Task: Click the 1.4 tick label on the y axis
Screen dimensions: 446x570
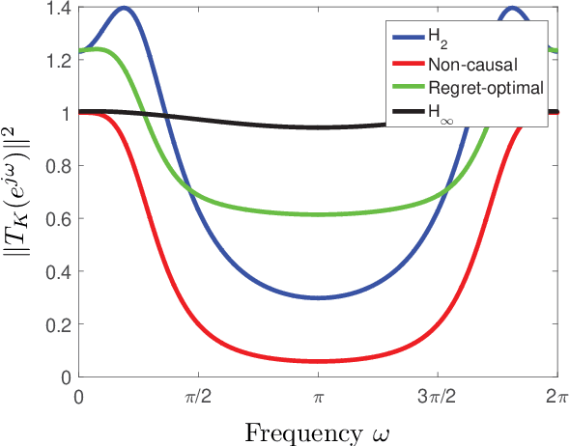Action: (59, 9)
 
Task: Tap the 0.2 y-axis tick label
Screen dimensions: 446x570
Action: (59, 324)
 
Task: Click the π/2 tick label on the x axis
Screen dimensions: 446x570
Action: (199, 396)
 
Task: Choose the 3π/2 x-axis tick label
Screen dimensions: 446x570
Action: (438, 396)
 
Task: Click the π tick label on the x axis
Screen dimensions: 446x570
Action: (318, 396)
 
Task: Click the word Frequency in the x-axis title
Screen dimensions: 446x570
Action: (293, 432)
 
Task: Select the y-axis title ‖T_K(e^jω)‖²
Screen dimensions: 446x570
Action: (21, 193)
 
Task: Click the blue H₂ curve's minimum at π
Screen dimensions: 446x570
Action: (318, 297)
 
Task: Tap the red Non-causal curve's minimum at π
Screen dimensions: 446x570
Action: (318, 361)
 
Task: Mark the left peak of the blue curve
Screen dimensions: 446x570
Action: (123, 9)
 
